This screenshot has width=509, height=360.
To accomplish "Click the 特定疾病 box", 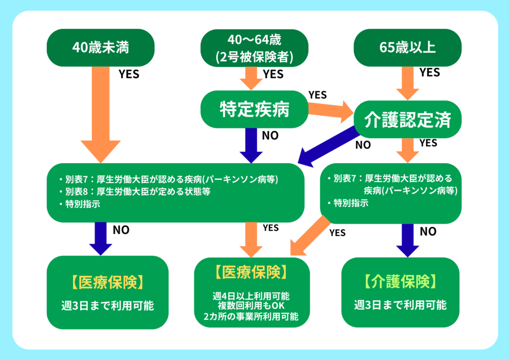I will (x=254, y=109).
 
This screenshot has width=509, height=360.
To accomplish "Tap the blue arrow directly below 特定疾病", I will (x=254, y=144).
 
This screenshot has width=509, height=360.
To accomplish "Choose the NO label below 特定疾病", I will (x=270, y=135).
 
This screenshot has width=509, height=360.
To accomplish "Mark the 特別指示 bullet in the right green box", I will (x=351, y=203).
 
